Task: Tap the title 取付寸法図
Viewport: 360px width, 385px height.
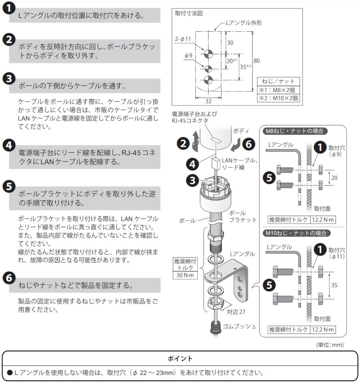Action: pos(189,13)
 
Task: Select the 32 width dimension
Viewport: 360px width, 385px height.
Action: pos(208,101)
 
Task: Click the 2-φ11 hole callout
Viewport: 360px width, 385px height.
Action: pos(184,40)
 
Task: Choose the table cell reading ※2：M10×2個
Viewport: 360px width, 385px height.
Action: pos(279,98)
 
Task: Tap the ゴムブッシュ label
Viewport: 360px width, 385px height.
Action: pos(240,326)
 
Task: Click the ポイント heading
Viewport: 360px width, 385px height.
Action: pos(180,358)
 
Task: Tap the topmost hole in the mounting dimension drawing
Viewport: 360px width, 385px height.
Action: pos(208,54)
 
